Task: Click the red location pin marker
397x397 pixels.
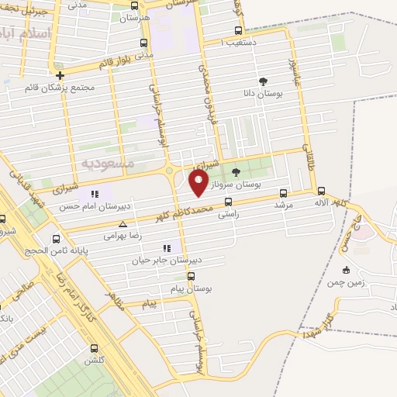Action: (198, 183)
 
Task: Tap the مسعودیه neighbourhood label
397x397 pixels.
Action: (107, 163)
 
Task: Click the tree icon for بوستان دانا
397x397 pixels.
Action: (263, 81)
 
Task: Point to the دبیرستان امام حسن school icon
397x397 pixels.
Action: (94, 194)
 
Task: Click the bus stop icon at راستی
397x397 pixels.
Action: (227, 201)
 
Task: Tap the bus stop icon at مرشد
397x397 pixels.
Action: (283, 193)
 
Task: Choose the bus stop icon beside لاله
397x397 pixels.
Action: (321, 190)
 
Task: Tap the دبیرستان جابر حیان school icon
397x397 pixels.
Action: (167, 248)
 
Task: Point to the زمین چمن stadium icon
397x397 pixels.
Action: (346, 270)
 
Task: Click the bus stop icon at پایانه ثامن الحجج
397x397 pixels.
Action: (55, 239)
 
